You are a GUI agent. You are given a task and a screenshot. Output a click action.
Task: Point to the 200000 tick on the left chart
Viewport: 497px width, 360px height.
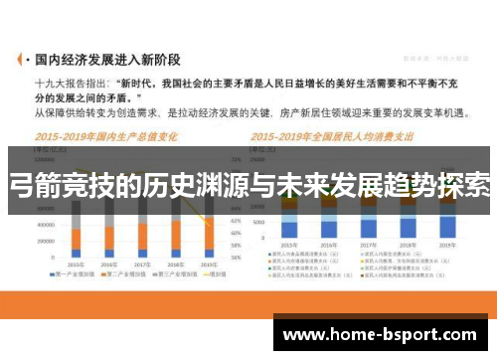click(x=44, y=241)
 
